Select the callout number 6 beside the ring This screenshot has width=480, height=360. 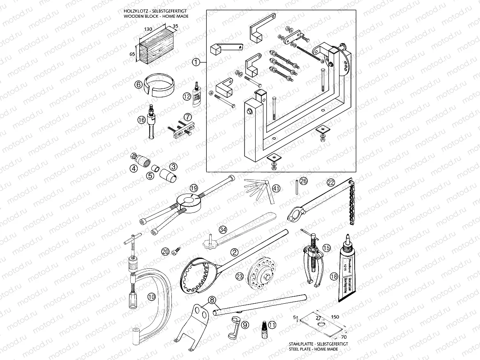pos(138,85)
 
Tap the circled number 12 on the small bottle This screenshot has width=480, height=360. pos(187,96)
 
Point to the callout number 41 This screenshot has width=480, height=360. pos(276,188)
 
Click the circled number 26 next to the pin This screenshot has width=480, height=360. pos(303,181)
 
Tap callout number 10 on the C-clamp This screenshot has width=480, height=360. pos(151,296)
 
